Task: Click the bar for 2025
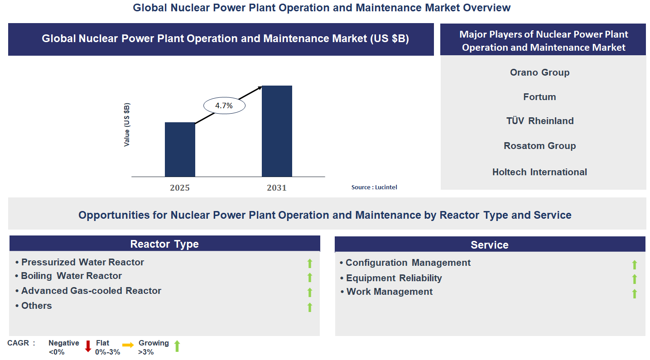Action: pos(180,149)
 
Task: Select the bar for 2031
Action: pos(277,131)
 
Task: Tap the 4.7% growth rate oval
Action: pos(224,106)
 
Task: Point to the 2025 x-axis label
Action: pos(180,187)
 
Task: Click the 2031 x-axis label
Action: pos(277,187)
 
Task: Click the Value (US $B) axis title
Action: pos(127,125)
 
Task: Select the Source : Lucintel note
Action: pos(374,187)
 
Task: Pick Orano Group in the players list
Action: pos(539,72)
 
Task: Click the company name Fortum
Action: pos(539,97)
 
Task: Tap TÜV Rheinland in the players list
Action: pos(539,121)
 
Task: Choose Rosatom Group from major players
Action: pos(539,146)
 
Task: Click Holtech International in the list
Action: pos(539,172)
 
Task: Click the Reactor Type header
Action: pos(164,244)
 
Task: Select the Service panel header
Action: pos(490,245)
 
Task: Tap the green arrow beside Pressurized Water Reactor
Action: pos(310,263)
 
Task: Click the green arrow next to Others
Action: pos(310,307)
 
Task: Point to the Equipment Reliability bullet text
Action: pos(394,278)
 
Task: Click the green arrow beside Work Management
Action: pos(634,293)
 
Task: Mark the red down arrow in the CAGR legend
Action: pos(88,346)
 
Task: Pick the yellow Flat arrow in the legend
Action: pos(128,346)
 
